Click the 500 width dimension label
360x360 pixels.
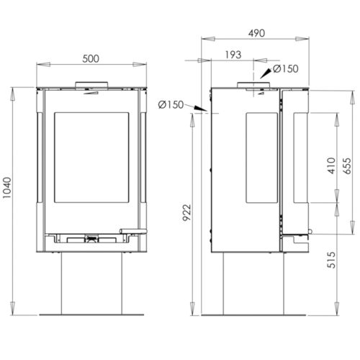click(x=91, y=59)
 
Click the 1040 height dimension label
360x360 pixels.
click(x=7, y=188)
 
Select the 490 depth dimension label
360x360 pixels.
click(x=256, y=33)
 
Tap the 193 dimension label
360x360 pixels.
click(x=233, y=55)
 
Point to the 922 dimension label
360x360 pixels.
click(x=186, y=212)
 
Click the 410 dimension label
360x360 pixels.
click(x=331, y=166)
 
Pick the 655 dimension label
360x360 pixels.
click(x=347, y=166)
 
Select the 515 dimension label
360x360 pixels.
click(x=331, y=260)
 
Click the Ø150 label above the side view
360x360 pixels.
click(x=286, y=69)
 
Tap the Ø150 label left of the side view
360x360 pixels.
click(x=171, y=105)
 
